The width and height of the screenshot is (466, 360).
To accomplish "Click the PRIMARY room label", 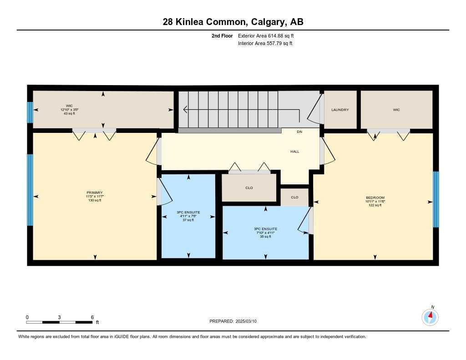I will pyautogui.click(x=95, y=193).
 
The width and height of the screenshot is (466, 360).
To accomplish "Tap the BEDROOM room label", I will pyautogui.click(x=375, y=198).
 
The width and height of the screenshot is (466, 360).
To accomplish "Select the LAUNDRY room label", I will pyautogui.click(x=340, y=110).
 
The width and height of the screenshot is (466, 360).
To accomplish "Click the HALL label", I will pyautogui.click(x=295, y=152).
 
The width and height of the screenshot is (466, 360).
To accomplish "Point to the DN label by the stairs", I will pyautogui.click(x=299, y=132).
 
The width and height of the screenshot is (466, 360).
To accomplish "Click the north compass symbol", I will pyautogui.click(x=430, y=316).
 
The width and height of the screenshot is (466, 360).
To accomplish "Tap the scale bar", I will pyautogui.click(x=59, y=322).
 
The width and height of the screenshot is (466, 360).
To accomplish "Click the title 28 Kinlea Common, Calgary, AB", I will pyautogui.click(x=233, y=22).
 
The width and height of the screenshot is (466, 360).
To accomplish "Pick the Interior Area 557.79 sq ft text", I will pyautogui.click(x=265, y=44).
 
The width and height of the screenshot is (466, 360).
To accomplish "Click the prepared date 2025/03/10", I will pyautogui.click(x=236, y=321).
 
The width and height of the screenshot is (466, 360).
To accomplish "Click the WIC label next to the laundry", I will pyautogui.click(x=396, y=110).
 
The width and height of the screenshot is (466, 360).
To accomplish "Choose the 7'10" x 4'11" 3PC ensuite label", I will pyautogui.click(x=265, y=233).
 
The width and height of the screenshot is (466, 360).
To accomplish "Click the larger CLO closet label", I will pyautogui.click(x=249, y=188).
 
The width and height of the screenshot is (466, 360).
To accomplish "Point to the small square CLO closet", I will pyautogui.click(x=294, y=197).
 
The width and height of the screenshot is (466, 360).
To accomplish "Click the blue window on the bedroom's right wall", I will pyautogui.click(x=436, y=199).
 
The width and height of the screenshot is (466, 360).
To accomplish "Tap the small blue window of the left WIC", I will pyautogui.click(x=30, y=112).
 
